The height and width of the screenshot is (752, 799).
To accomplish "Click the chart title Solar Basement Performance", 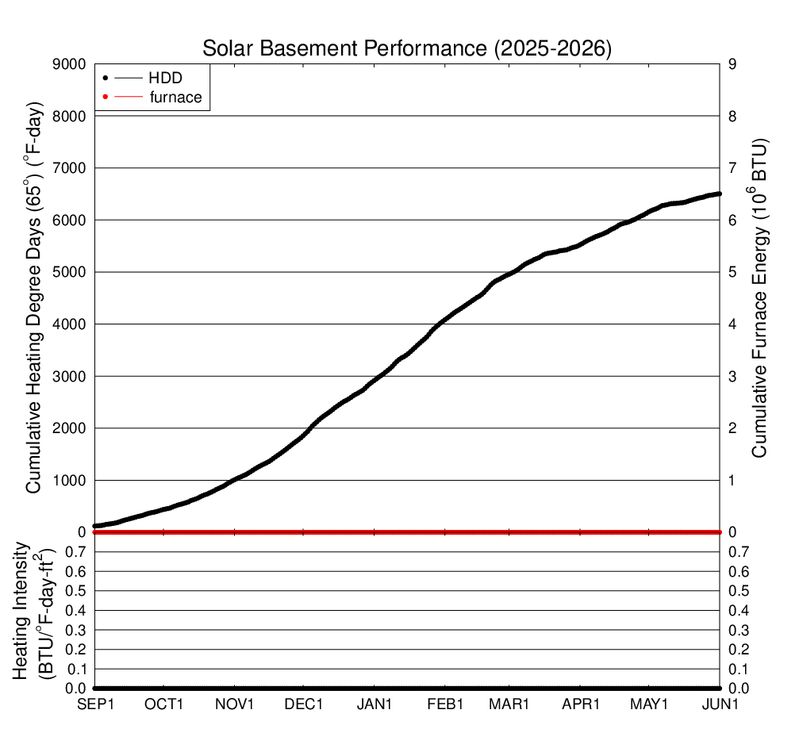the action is [x=344, y=48].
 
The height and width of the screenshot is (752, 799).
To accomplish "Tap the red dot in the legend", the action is [x=106, y=97].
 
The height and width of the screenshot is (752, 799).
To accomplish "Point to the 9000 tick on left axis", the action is [x=69, y=64].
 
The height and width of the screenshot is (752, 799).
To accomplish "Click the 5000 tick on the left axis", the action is [x=69, y=272].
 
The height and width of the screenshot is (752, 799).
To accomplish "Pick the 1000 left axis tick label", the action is [x=69, y=481].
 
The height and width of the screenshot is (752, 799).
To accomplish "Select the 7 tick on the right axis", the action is [x=732, y=168].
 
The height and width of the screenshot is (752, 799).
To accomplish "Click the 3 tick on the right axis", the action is [x=732, y=377].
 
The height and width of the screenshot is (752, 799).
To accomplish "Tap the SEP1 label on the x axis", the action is [x=95, y=704].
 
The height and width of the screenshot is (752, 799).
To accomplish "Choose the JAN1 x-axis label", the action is [x=374, y=704].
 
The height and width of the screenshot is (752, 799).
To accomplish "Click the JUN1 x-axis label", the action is [x=720, y=704].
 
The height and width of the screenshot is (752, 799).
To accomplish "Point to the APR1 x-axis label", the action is [x=580, y=704].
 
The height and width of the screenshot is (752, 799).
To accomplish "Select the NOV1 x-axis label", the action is [x=234, y=704].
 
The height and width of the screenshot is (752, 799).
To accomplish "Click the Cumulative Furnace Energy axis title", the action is [x=759, y=298].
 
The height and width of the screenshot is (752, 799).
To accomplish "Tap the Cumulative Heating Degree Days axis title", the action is [x=33, y=298].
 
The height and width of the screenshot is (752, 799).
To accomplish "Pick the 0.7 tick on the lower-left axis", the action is [x=75, y=552].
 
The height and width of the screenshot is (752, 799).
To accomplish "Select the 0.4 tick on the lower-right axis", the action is [x=739, y=610].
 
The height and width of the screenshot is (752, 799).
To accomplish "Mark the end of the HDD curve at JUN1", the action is [x=720, y=194].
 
